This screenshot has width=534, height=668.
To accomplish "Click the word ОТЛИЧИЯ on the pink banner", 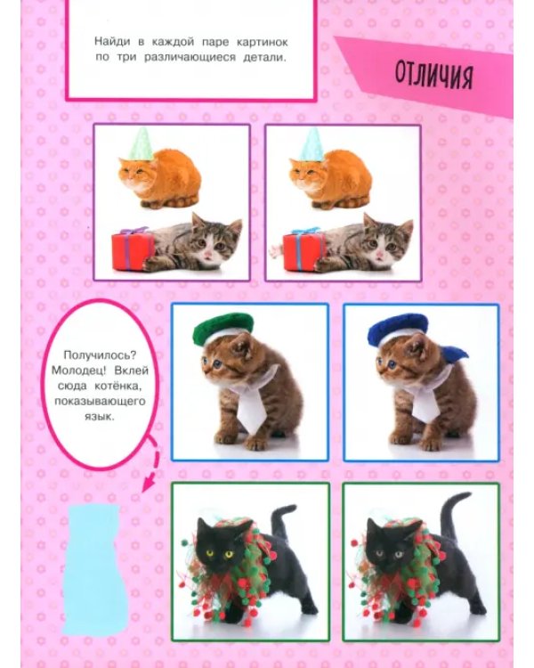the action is tap(433, 77).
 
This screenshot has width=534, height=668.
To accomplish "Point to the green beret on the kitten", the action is tap(222, 328).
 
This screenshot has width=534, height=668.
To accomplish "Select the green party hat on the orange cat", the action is tap(142, 144).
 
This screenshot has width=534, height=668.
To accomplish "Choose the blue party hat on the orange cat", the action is tap(312, 144).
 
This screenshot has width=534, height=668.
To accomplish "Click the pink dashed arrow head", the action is tap(148, 484).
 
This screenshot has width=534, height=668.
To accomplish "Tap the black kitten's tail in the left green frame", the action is tap(281, 520).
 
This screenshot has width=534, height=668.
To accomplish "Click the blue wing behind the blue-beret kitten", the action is tap(454, 354).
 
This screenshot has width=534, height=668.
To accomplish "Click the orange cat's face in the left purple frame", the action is tap(134, 173).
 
